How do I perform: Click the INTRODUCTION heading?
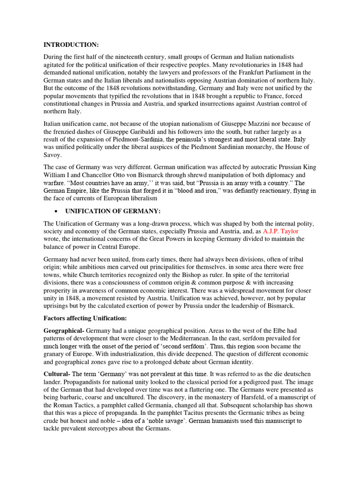(x=71, y=45)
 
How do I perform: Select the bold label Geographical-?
(x=64, y=331)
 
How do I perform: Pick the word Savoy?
(x=54, y=155)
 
